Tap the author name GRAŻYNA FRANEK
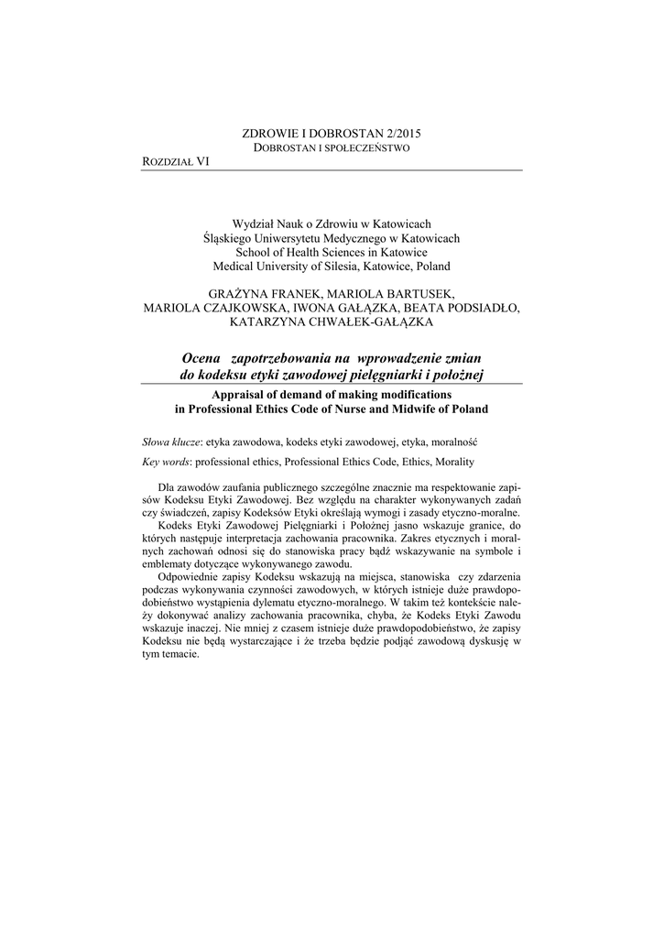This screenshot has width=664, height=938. tap(271, 292)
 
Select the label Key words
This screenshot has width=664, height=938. tap(168, 463)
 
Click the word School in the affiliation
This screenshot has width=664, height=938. tap(254, 252)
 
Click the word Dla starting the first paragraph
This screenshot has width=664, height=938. tap(167, 486)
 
